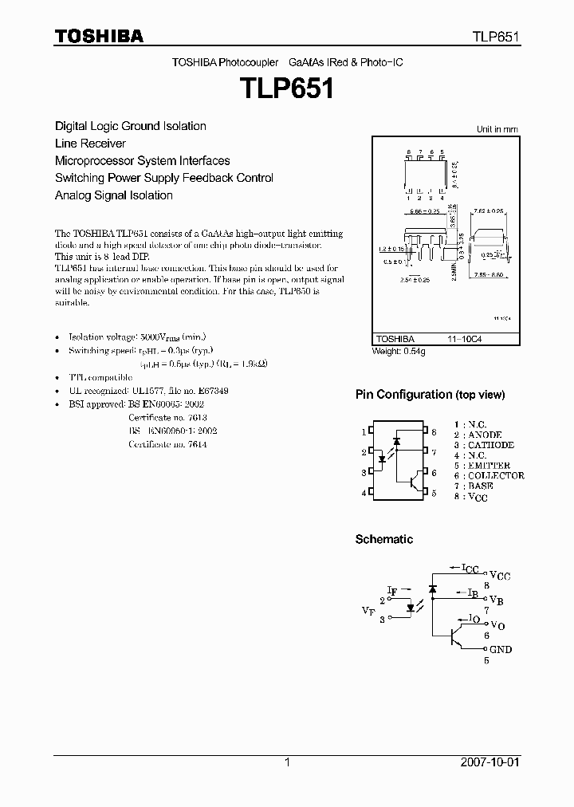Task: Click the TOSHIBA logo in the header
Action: [x=99, y=36]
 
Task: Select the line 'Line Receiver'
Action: [x=90, y=144]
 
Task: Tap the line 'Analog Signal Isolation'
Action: [x=113, y=195]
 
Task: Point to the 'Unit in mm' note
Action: [x=497, y=129]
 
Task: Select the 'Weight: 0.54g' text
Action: [x=399, y=351]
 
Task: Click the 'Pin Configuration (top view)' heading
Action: [x=430, y=395]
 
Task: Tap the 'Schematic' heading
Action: [x=383, y=540]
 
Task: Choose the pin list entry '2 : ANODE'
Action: [x=478, y=435]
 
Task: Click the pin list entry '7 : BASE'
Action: [x=474, y=486]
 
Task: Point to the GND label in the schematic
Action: [x=500, y=650]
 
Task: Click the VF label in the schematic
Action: [x=368, y=611]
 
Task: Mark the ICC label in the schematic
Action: [x=470, y=569]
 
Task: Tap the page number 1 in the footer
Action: [x=287, y=762]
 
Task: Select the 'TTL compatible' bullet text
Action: [x=100, y=376]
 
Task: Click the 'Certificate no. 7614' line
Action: [x=167, y=444]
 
